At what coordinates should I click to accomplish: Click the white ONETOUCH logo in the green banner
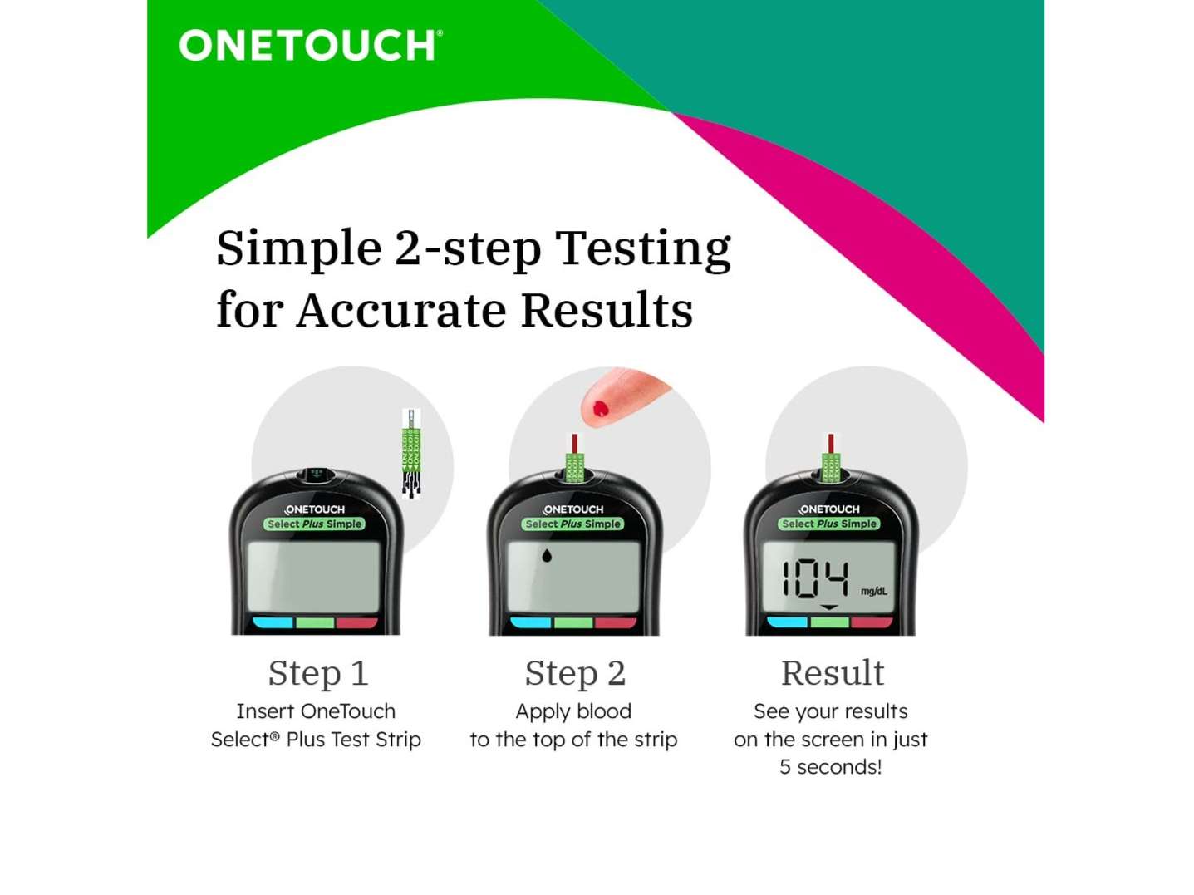[310, 45]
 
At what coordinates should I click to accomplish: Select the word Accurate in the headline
[401, 310]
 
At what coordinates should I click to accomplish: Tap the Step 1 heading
[318, 673]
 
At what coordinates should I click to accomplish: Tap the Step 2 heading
[575, 673]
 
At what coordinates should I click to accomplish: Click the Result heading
[833, 673]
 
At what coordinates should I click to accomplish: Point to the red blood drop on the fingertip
[600, 408]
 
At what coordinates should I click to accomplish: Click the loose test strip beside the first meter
[411, 454]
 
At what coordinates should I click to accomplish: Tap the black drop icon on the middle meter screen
[547, 555]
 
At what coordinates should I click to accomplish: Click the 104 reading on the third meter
[815, 579]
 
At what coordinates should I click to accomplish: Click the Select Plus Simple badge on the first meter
[314, 524]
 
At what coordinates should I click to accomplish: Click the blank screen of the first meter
[313, 578]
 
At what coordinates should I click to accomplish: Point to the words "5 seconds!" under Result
[830, 766]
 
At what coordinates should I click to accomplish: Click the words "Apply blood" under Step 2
[573, 711]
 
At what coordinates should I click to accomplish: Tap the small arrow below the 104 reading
[828, 607]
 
